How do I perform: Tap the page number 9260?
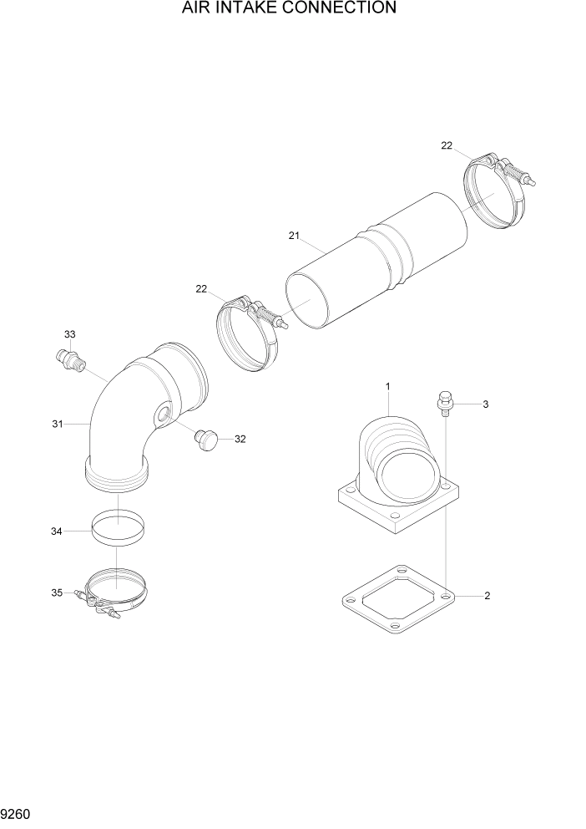[18, 812]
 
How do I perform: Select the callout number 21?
[293, 236]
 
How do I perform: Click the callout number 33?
[70, 334]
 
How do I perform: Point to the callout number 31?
[58, 425]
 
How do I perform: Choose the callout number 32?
[240, 438]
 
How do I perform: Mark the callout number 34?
[57, 531]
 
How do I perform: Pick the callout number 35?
[57, 593]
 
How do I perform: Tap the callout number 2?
[487, 596]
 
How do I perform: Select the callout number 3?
[486, 404]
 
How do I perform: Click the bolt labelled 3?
[445, 402]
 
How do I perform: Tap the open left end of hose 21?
[311, 300]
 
